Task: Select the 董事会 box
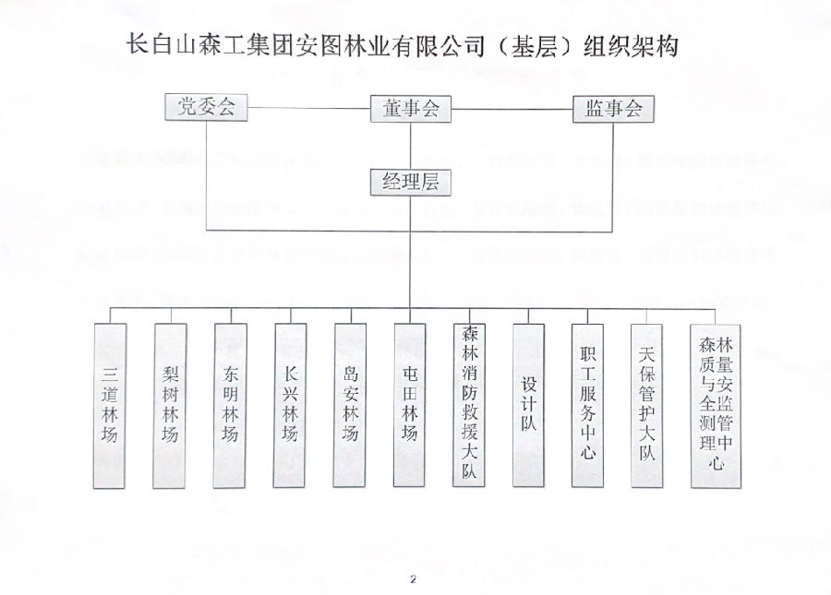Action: [x=410, y=109]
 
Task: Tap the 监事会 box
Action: [x=613, y=109]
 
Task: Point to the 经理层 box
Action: [x=410, y=182]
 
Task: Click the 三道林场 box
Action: [x=110, y=405]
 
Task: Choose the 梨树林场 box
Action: [x=170, y=405]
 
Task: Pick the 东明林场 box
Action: [x=230, y=405]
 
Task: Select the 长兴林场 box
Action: [x=290, y=405]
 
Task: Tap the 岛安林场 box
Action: [x=350, y=405]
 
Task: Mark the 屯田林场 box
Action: [x=410, y=405]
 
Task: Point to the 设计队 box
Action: [x=529, y=405]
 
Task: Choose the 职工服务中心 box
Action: [x=588, y=405]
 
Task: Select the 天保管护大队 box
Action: [x=647, y=405]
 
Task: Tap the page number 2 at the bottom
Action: [x=414, y=579]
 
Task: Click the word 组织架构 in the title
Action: [x=632, y=47]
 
